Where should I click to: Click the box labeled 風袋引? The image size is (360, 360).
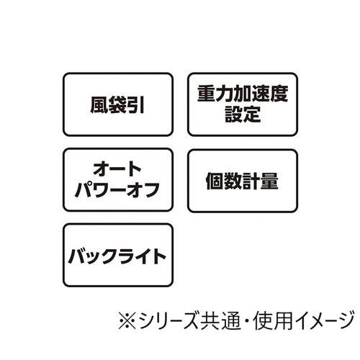pos(118,104)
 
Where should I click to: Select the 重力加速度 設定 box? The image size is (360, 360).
pos(243,104)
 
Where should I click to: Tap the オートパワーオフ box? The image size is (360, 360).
pos(118,180)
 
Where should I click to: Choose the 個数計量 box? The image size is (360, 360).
pos(243,181)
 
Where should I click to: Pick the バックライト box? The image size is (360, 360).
pos(118,255)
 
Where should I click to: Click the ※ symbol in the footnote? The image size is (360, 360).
pos(127,320)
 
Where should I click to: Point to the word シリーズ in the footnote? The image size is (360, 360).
pos(169,320)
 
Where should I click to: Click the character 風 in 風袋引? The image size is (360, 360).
pos(99,105)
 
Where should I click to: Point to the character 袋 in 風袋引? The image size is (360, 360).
pos(117,105)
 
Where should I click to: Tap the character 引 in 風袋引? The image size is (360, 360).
pos(135,105)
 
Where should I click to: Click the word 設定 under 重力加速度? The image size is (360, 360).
pos(243,114)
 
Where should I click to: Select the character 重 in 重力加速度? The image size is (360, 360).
pos(207,94)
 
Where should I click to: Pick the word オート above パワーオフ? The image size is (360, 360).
pos(117,169)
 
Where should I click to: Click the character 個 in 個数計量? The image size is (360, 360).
pos(215,181)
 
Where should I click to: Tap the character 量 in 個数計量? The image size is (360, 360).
pos(269,181)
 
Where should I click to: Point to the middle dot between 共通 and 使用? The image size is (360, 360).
pos(247,320)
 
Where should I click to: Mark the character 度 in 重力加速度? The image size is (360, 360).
pos(279,94)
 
